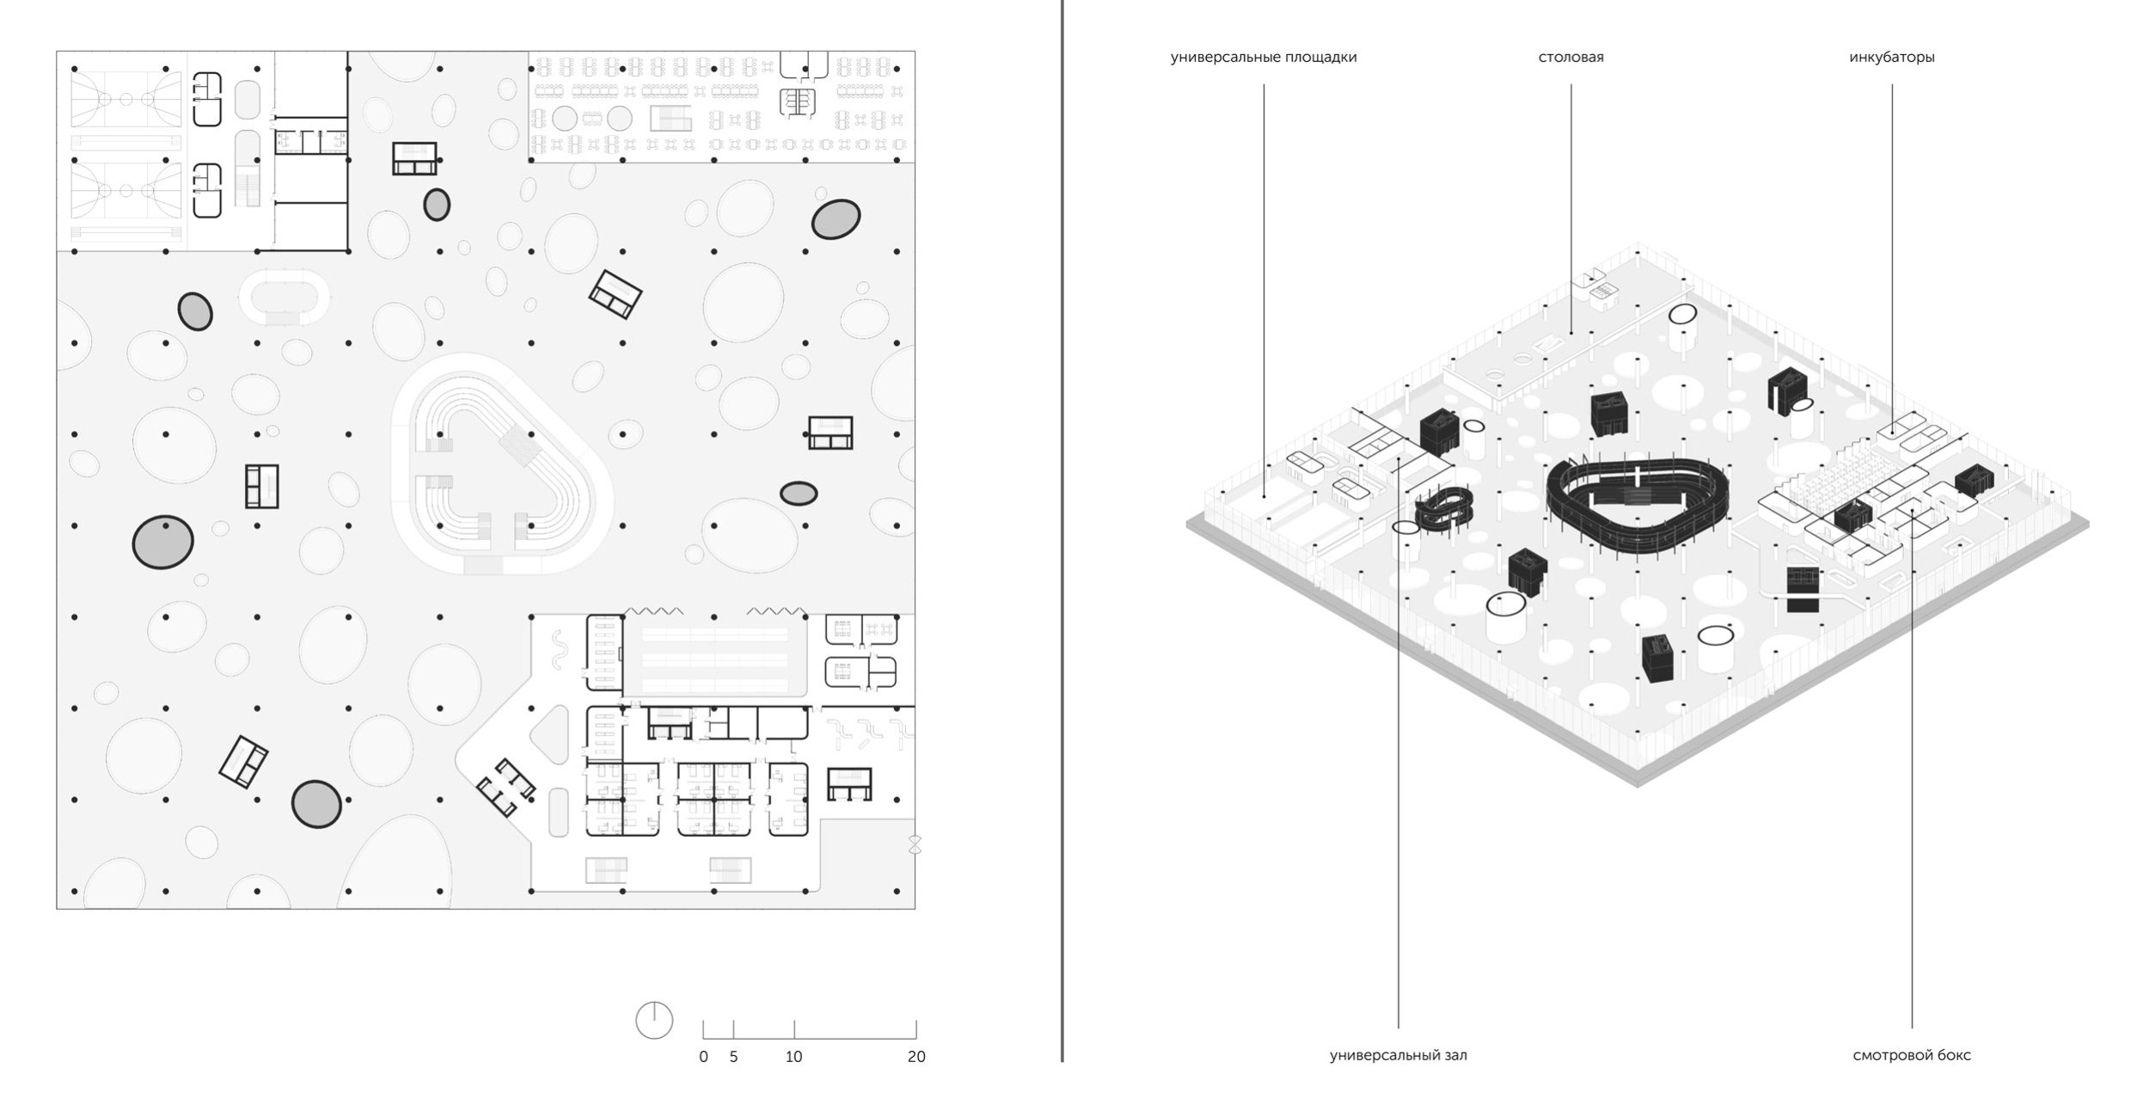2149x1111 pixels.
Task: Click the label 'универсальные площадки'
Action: click(x=1263, y=58)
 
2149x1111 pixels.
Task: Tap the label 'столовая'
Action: click(x=1570, y=58)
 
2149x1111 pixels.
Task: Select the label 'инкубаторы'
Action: click(x=1891, y=58)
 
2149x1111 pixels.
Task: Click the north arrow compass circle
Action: click(x=653, y=1021)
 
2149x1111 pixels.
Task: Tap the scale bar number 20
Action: click(x=916, y=1057)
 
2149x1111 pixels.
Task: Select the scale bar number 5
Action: click(x=733, y=1057)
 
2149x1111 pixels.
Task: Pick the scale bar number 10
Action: click(x=793, y=1057)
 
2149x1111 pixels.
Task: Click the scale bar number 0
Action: click(x=703, y=1057)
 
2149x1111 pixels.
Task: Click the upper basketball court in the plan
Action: click(x=126, y=100)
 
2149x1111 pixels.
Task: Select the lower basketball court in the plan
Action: click(x=126, y=190)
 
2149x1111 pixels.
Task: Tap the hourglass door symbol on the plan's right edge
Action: click(x=915, y=844)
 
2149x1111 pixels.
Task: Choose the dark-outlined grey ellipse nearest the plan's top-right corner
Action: click(x=836, y=219)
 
